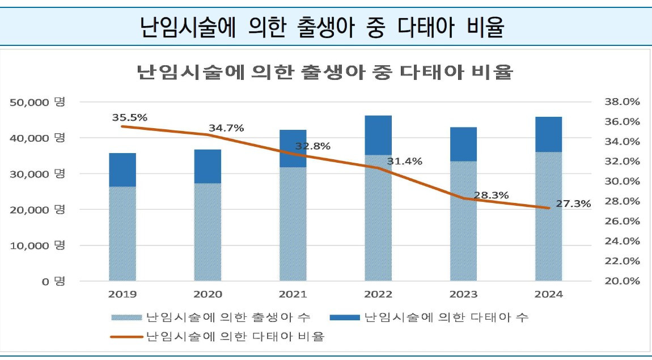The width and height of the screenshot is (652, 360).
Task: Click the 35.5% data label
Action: [130, 117]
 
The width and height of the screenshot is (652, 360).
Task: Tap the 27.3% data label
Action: [573, 203]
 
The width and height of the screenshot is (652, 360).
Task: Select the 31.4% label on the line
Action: [405, 161]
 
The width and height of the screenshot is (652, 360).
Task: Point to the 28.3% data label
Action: [491, 195]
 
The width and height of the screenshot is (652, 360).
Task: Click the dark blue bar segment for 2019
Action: [122, 170]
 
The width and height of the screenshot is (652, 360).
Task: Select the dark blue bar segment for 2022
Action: [378, 135]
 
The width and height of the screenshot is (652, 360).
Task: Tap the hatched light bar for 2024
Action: [548, 216]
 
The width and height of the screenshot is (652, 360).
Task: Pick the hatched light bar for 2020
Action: [208, 232]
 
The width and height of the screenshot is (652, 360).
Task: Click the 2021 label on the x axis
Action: [293, 294]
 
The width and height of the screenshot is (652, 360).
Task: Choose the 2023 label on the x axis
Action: [463, 294]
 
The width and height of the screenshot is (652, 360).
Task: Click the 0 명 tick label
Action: [53, 281]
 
